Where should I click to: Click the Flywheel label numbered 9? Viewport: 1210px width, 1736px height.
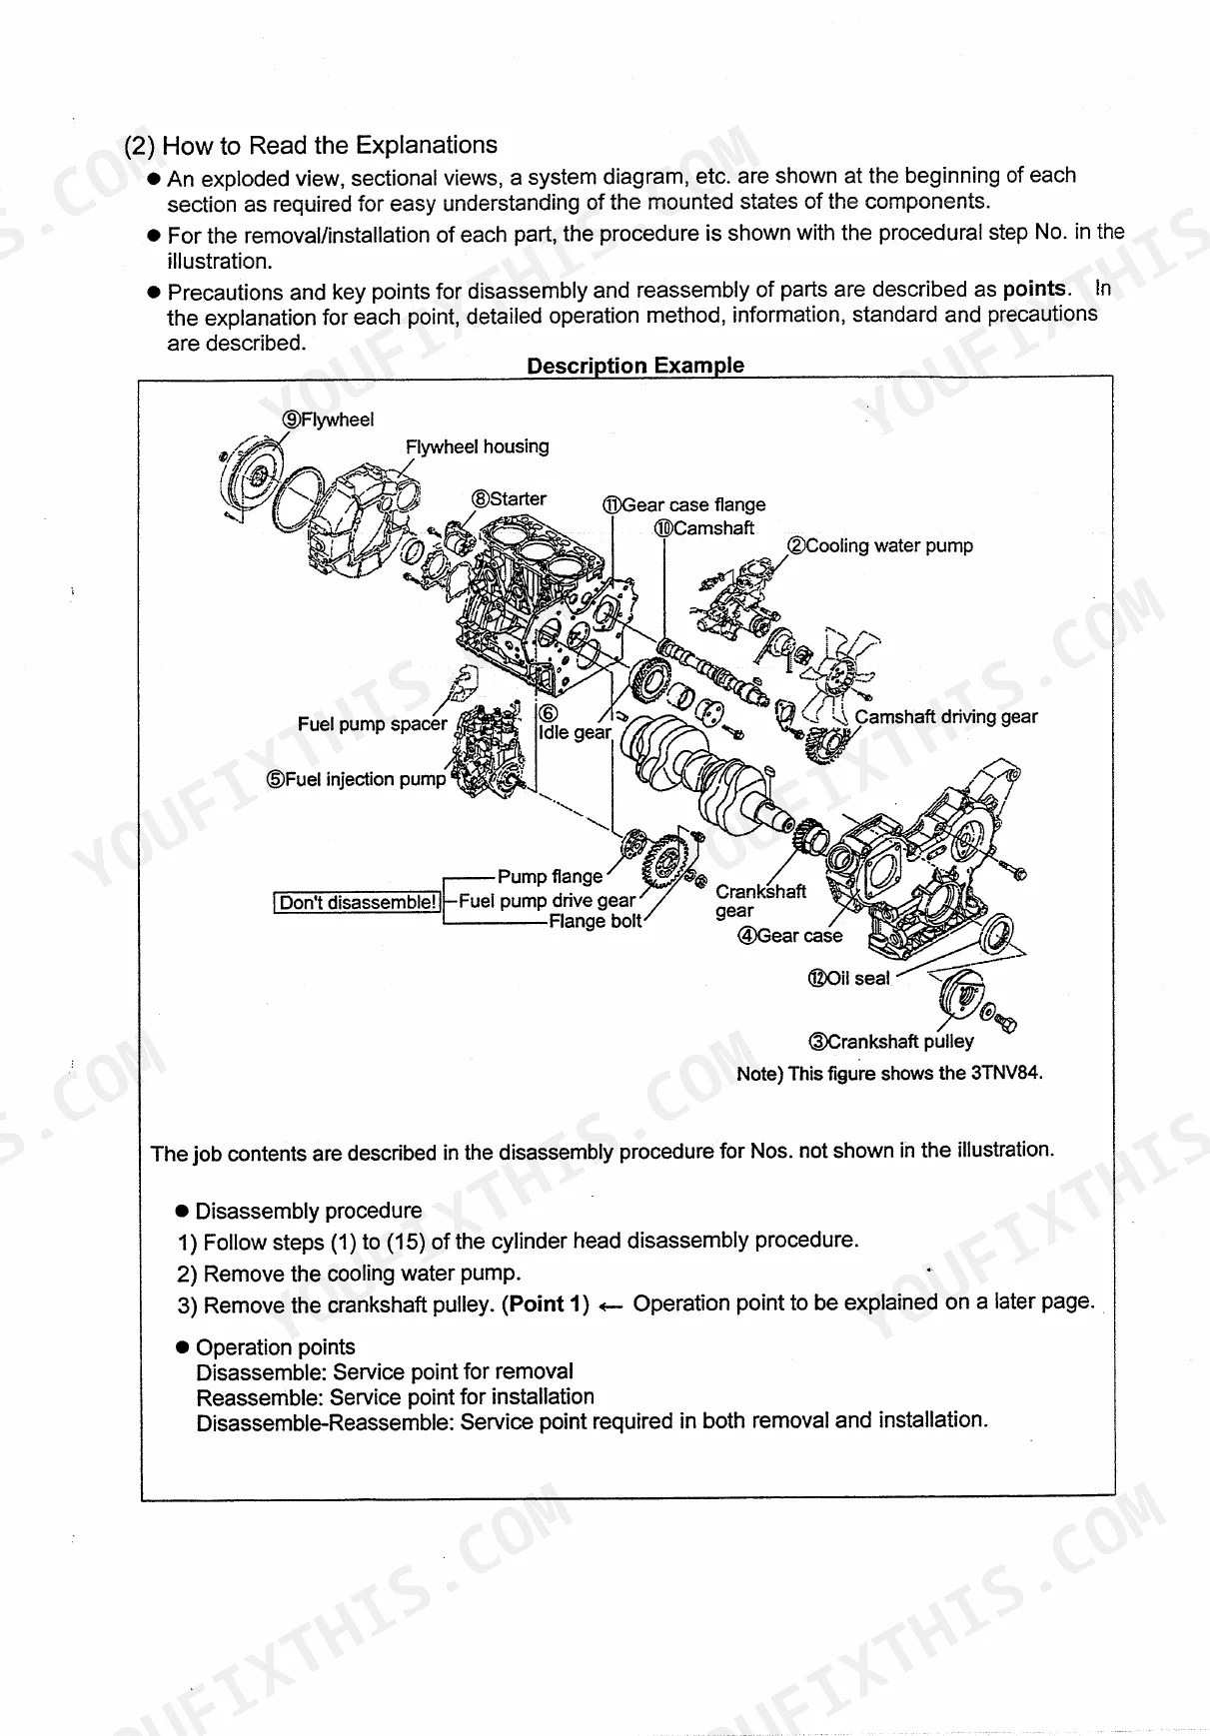click(329, 420)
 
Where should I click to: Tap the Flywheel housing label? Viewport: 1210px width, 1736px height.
click(477, 446)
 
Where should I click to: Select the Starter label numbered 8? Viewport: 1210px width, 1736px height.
click(510, 498)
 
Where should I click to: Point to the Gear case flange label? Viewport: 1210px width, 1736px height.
click(684, 504)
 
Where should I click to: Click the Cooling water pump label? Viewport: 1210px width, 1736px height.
click(880, 545)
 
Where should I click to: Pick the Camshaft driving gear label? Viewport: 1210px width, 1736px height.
click(945, 716)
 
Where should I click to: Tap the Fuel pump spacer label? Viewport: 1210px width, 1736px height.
click(372, 724)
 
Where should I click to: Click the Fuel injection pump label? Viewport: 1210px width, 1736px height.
click(356, 779)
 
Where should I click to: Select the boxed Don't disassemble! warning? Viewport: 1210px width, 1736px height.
click(358, 903)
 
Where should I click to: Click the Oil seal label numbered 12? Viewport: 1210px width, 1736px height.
click(848, 978)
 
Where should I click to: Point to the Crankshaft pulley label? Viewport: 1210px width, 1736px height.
click(891, 1042)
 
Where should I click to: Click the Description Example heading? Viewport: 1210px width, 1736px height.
click(635, 366)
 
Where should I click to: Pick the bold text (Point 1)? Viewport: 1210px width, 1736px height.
click(546, 1304)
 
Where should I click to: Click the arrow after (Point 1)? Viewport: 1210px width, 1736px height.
click(611, 1306)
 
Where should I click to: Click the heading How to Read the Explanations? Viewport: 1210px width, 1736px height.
click(311, 145)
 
